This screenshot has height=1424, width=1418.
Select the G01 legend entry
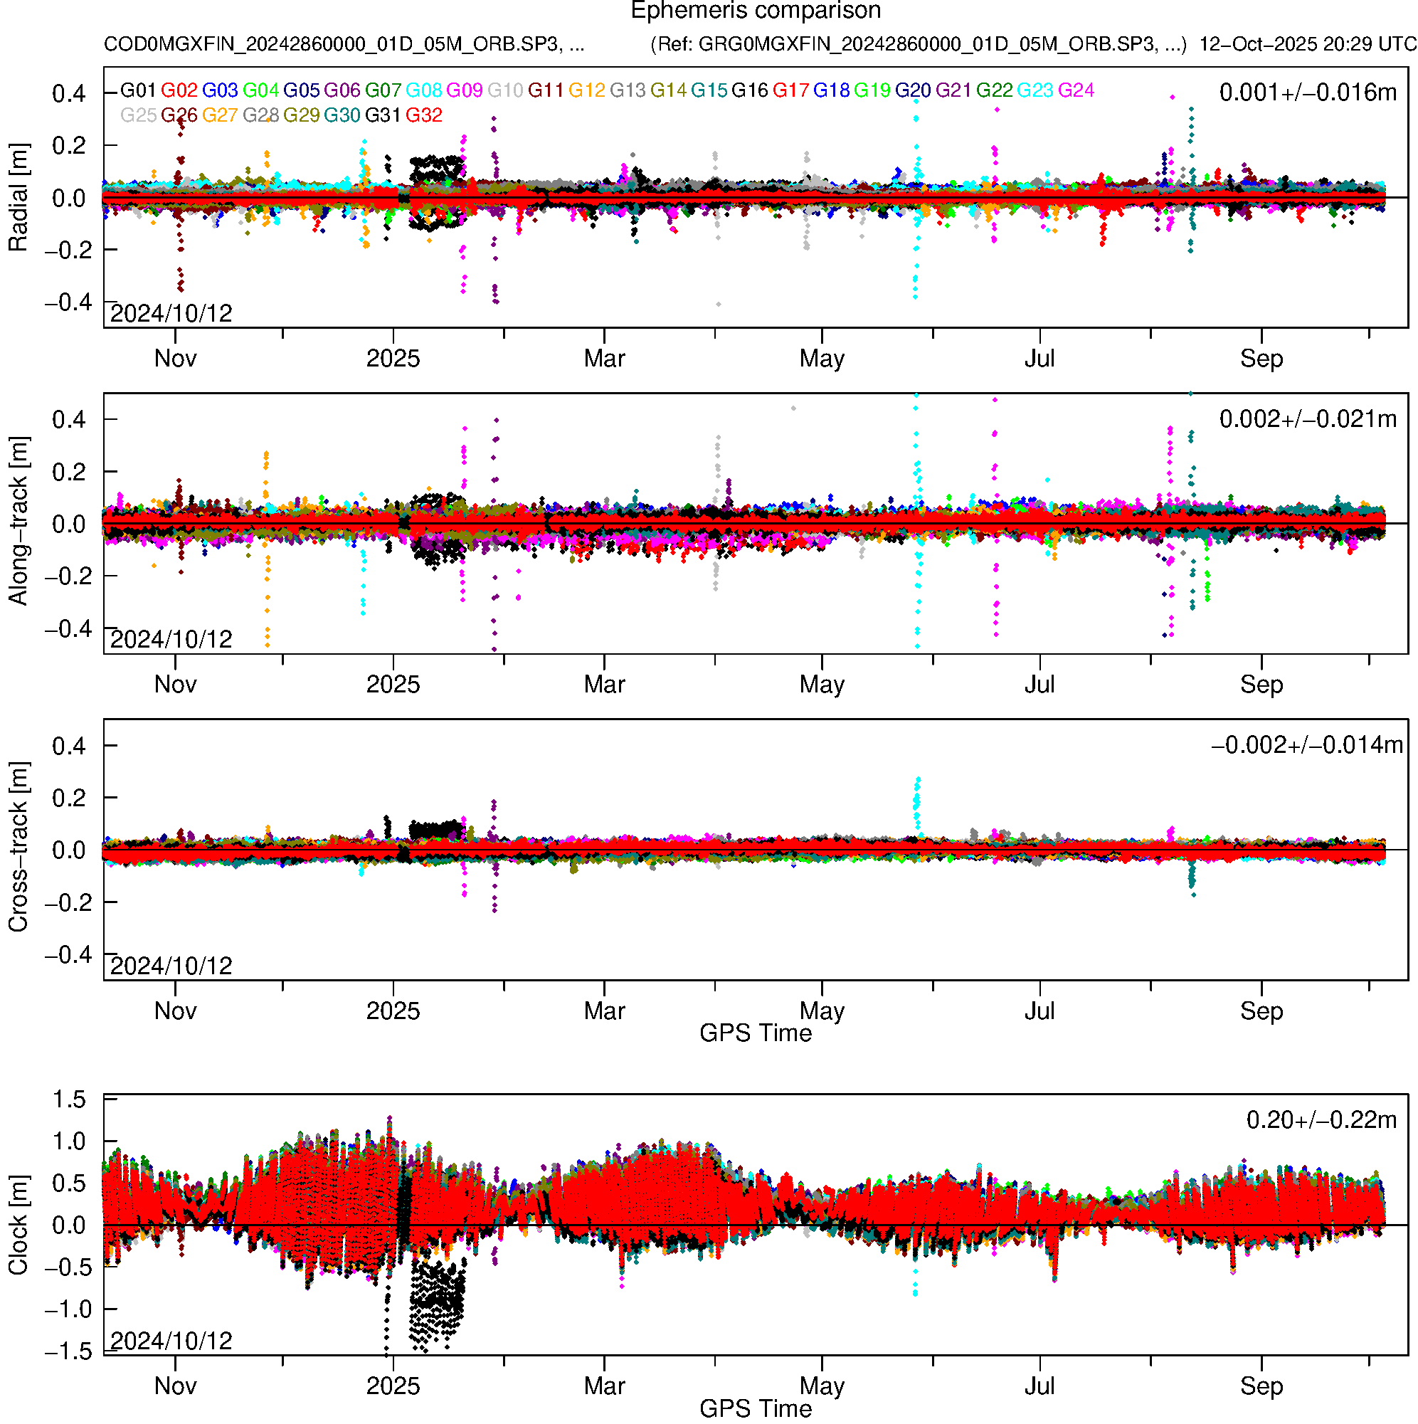point(138,90)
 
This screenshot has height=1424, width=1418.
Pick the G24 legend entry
point(1076,90)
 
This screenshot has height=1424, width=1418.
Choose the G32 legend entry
point(424,116)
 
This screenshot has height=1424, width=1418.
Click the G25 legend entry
point(138,116)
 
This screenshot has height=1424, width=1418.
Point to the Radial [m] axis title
point(18,198)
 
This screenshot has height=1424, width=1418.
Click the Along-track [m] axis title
point(18,522)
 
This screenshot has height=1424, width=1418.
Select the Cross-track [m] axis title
point(18,848)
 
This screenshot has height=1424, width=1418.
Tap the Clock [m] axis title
point(18,1225)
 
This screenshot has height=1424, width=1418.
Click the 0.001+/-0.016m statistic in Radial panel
point(1308,93)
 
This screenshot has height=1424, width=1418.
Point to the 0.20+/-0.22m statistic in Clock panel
point(1321,1120)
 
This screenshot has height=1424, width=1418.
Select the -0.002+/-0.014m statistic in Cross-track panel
point(1307,746)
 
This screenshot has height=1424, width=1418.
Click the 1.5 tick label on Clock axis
point(69,1099)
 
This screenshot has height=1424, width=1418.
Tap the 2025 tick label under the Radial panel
point(393,359)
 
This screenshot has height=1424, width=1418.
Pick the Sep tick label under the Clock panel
point(1261,1386)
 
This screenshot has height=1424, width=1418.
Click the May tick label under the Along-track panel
point(822,685)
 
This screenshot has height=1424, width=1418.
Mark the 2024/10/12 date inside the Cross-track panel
point(171,966)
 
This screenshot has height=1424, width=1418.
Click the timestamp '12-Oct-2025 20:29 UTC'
point(1308,44)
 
